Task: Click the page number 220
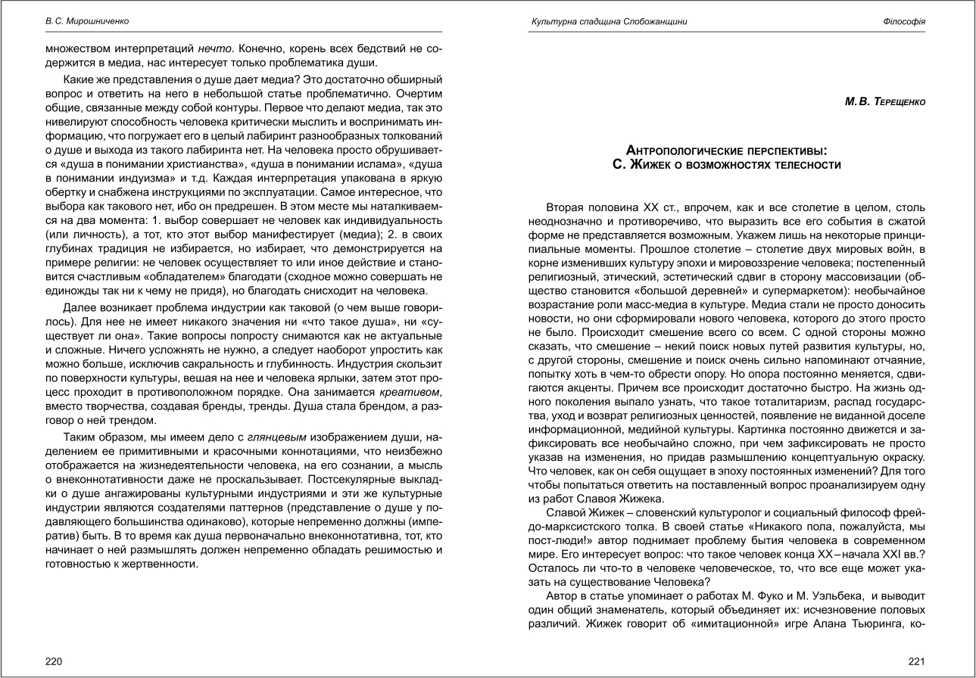(x=54, y=661)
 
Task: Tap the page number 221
(x=917, y=661)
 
